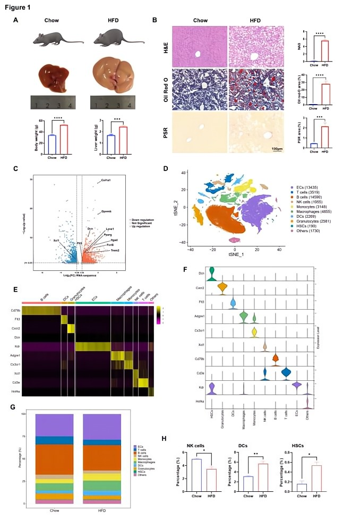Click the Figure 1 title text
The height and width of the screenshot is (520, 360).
(x=16, y=7)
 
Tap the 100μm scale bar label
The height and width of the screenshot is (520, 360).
(x=277, y=149)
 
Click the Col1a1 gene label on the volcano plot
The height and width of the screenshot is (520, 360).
(x=106, y=181)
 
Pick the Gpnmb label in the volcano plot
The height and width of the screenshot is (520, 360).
(x=107, y=211)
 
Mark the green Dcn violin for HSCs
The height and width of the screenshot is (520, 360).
(x=212, y=273)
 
